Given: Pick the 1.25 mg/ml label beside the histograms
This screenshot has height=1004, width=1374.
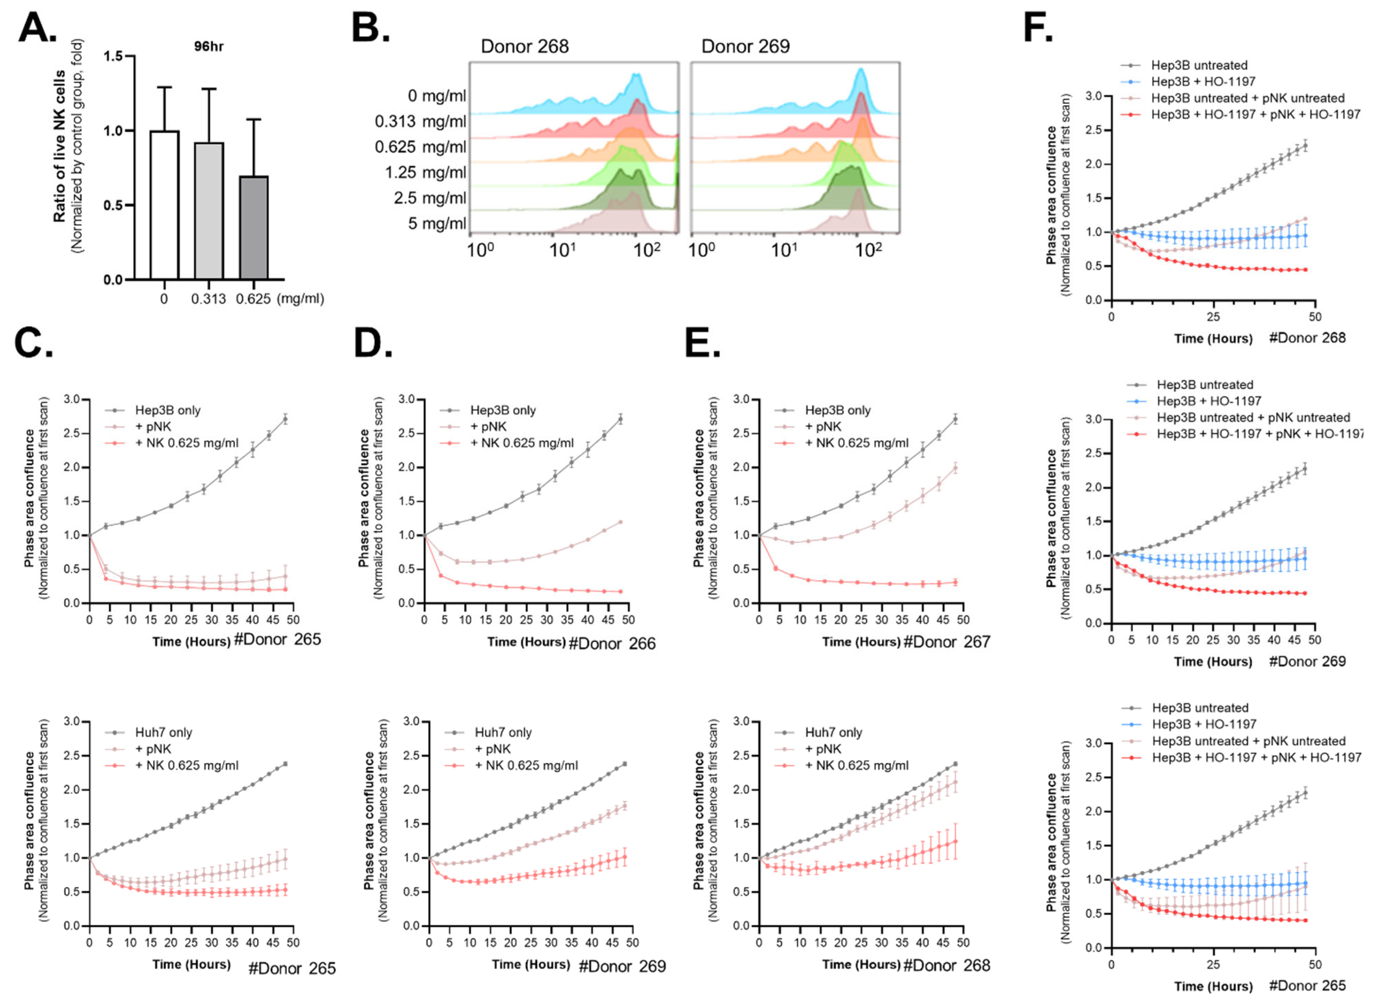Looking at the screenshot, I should click(x=425, y=173).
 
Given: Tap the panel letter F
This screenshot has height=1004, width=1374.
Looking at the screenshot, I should click(x=1037, y=28).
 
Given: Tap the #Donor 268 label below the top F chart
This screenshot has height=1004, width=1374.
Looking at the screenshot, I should click(x=1307, y=338).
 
